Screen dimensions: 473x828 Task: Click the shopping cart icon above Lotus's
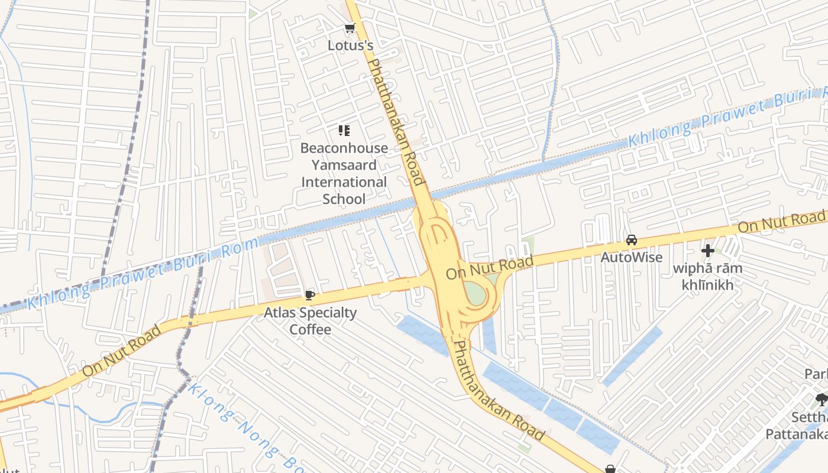click(350, 28)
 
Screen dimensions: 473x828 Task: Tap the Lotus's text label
click(351, 45)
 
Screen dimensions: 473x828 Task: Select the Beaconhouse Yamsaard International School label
click(344, 173)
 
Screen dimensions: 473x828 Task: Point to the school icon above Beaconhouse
click(344, 131)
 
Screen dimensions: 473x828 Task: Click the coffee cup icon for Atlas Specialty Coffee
click(309, 295)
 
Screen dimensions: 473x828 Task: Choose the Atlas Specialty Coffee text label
click(310, 320)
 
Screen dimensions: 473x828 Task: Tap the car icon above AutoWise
click(632, 240)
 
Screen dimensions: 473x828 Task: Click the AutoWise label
click(632, 257)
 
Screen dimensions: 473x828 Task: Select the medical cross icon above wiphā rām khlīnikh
click(707, 251)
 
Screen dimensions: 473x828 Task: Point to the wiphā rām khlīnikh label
click(707, 277)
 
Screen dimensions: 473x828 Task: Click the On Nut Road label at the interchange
click(490, 267)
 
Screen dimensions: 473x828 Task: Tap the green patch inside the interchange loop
click(475, 291)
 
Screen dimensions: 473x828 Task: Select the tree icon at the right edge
click(821, 399)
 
